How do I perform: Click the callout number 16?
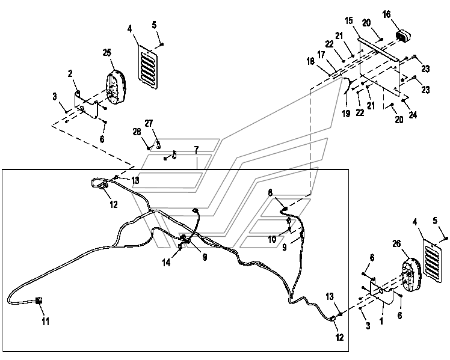pyautogui.click(x=387, y=14)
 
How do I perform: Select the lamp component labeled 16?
pyautogui.click(x=404, y=37)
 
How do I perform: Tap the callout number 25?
pyautogui.click(x=107, y=53)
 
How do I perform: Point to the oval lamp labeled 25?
pyautogui.click(x=116, y=87)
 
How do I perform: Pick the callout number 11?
pyautogui.click(x=46, y=322)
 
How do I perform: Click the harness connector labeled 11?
pyautogui.click(x=39, y=301)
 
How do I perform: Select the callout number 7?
pyautogui.click(x=196, y=150)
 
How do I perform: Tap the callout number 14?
pyautogui.click(x=166, y=262)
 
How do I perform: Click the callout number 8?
pyautogui.click(x=270, y=192)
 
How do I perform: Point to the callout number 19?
pyautogui.click(x=346, y=114)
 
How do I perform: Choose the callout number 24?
pyautogui.click(x=413, y=115)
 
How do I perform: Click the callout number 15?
pyautogui.click(x=349, y=20)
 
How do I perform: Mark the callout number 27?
pyautogui.click(x=149, y=124)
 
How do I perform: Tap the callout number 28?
pyautogui.click(x=137, y=132)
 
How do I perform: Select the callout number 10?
pyautogui.click(x=272, y=239)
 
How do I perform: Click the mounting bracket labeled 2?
pyautogui.click(x=87, y=105)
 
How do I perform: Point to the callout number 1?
pyautogui.click(x=381, y=322)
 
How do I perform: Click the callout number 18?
pyautogui.click(x=310, y=61)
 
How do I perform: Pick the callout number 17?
pyautogui.click(x=321, y=55)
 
